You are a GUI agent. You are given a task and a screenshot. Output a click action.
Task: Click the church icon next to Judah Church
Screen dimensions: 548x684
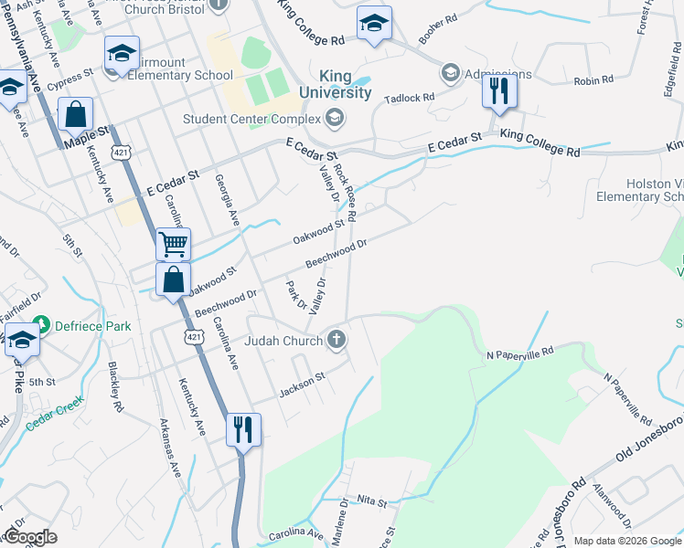337,341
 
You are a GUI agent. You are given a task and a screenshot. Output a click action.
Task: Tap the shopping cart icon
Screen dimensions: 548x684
172,244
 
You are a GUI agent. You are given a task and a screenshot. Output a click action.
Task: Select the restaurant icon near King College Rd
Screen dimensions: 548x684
498,90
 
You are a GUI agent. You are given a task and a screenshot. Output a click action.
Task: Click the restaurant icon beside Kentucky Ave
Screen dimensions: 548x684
243,429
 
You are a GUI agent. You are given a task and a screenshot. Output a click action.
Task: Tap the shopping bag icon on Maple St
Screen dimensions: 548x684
76,115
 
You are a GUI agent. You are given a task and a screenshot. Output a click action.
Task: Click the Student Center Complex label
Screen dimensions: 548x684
251,118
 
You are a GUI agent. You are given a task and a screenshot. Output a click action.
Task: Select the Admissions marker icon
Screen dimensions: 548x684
450,72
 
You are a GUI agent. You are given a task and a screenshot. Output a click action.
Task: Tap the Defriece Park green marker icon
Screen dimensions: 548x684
39,326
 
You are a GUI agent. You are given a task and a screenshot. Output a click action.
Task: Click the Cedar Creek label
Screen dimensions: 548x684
54,409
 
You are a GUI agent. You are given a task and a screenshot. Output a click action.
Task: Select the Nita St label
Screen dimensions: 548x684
372,502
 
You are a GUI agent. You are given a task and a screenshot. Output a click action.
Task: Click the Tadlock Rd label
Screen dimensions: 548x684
409,97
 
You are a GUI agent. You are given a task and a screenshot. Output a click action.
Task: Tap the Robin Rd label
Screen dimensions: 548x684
593,81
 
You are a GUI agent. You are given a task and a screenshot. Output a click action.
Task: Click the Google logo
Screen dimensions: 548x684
29,537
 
